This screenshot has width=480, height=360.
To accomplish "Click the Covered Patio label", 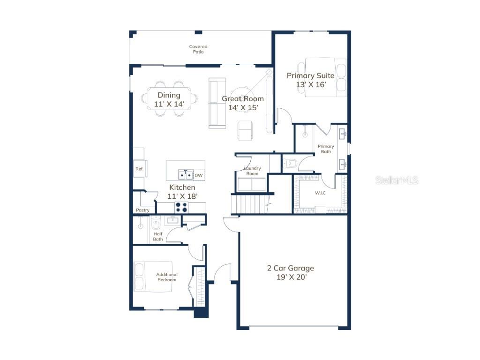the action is [198, 49].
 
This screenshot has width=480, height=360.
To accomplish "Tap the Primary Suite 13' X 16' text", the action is [310, 80].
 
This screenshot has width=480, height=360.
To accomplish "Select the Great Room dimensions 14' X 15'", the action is [243, 108].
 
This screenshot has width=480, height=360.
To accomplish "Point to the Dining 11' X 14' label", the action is [169, 100].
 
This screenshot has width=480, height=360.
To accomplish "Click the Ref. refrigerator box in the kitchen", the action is [140, 169].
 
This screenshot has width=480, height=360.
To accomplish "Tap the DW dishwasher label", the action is [199, 175].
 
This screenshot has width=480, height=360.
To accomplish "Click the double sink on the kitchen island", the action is [186, 175].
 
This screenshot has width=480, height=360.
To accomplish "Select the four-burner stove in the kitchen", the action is [181, 208].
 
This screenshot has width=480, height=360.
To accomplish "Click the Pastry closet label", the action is [142, 210].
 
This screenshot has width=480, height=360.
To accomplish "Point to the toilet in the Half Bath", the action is [156, 223].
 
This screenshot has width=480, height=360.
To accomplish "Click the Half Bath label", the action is [158, 237].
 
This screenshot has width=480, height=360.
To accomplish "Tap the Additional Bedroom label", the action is [167, 277].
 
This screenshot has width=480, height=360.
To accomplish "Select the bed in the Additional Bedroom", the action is [153, 277].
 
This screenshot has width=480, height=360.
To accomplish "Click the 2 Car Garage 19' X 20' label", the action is [291, 273].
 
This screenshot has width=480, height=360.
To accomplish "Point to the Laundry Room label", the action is [252, 171].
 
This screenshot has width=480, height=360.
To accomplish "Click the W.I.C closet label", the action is [320, 193].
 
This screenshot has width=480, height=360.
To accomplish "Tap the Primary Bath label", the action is [326, 149].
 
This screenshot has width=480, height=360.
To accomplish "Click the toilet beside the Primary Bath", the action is [290, 164].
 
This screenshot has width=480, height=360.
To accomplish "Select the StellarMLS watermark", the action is [397, 180].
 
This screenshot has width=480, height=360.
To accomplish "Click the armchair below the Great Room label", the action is [245, 131].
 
